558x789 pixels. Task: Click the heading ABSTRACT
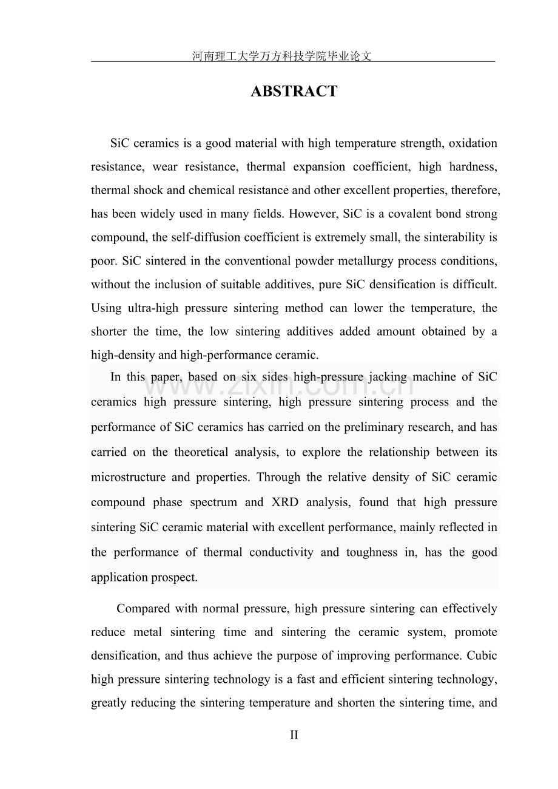(294, 92)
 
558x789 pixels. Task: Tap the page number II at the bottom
(294, 735)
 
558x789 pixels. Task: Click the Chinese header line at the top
(281, 56)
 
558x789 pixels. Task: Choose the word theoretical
(207, 452)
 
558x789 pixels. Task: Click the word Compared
(143, 608)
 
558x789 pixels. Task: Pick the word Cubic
(483, 655)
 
